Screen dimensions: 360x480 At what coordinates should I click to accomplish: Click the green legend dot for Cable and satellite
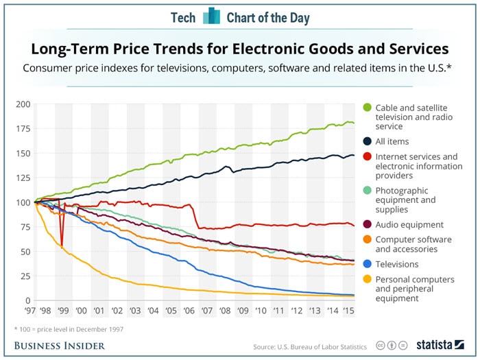point(367,108)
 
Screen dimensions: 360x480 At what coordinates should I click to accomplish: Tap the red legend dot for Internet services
point(367,157)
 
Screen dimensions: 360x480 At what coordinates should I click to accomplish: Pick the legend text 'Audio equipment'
point(409,224)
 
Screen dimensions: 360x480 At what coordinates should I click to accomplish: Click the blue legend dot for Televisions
point(367,264)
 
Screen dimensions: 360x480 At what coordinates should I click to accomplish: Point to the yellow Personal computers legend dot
point(367,280)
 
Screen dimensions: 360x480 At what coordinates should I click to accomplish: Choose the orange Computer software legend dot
point(367,239)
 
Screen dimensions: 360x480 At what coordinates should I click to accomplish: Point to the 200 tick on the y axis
point(23,104)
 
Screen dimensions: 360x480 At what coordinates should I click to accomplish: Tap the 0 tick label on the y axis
point(27,301)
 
